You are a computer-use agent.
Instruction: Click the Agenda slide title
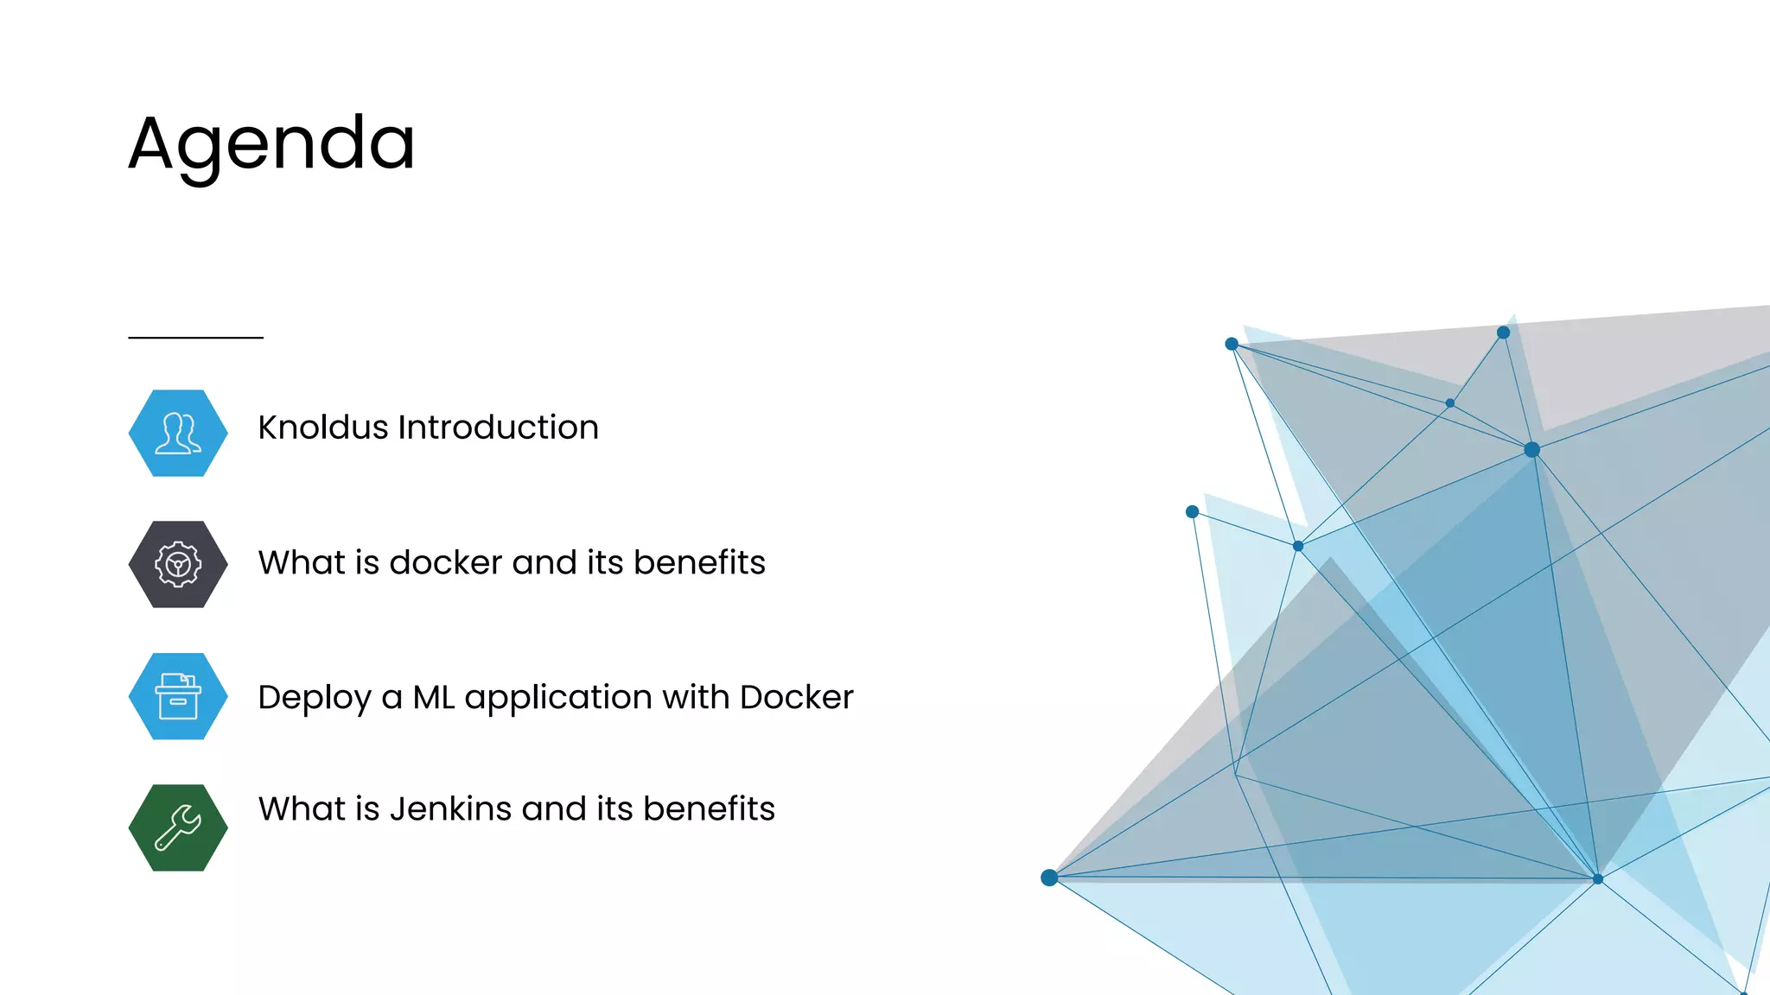[271, 144]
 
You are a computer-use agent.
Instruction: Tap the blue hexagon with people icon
[178, 433]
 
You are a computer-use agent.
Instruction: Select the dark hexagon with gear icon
[178, 564]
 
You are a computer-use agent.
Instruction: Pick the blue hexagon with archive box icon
[178, 696]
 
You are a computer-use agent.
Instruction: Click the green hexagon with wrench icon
[178, 827]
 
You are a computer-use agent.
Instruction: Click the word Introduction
[498, 428]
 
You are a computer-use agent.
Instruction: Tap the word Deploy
[314, 698]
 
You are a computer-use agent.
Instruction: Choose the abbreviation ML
[433, 697]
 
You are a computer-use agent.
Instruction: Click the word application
[557, 698]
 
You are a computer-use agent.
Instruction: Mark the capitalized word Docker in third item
[796, 697]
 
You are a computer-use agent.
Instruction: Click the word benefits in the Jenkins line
[709, 808]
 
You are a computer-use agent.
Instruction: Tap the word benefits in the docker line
[699, 562]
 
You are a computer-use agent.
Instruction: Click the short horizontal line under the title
[195, 338]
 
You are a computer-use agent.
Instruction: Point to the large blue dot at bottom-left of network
[1049, 878]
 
